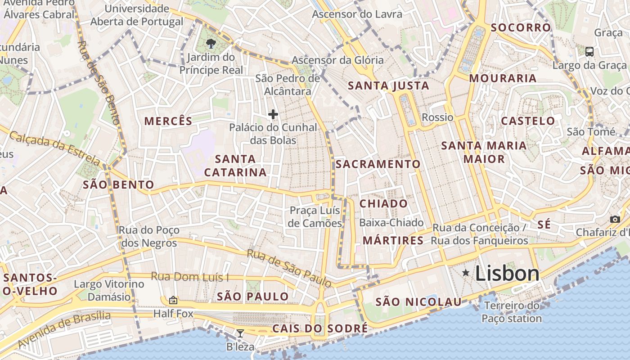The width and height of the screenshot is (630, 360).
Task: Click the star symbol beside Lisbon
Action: pyautogui.click(x=466, y=273)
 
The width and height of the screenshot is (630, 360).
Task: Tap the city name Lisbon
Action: pyautogui.click(x=507, y=273)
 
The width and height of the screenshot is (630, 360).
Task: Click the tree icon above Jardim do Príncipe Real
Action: pyautogui.click(x=210, y=43)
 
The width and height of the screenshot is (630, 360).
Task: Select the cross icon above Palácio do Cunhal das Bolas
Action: pyautogui.click(x=273, y=114)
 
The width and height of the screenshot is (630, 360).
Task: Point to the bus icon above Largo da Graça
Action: pyautogui.click(x=589, y=51)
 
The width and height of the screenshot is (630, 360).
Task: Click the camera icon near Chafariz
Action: pyautogui.click(x=615, y=219)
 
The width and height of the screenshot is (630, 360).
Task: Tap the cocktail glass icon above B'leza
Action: pyautogui.click(x=240, y=333)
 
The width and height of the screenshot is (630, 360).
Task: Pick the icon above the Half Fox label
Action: pyautogui.click(x=173, y=300)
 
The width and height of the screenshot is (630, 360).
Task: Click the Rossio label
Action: pyautogui.click(x=437, y=117)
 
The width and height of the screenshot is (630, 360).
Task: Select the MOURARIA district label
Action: pyautogui.click(x=503, y=78)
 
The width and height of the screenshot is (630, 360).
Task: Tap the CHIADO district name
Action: pyautogui.click(x=383, y=203)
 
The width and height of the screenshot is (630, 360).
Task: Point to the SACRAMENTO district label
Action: pyautogui.click(x=378, y=164)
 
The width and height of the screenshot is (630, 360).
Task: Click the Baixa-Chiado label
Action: pyautogui.click(x=391, y=222)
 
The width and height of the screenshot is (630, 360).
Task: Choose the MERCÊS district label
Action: pyautogui.click(x=168, y=121)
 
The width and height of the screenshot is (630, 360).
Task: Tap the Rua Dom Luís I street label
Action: pyautogui.click(x=189, y=276)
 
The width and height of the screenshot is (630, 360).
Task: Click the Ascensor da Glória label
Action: pyautogui.click(x=337, y=60)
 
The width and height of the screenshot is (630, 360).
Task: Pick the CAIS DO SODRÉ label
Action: pyautogui.click(x=319, y=328)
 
